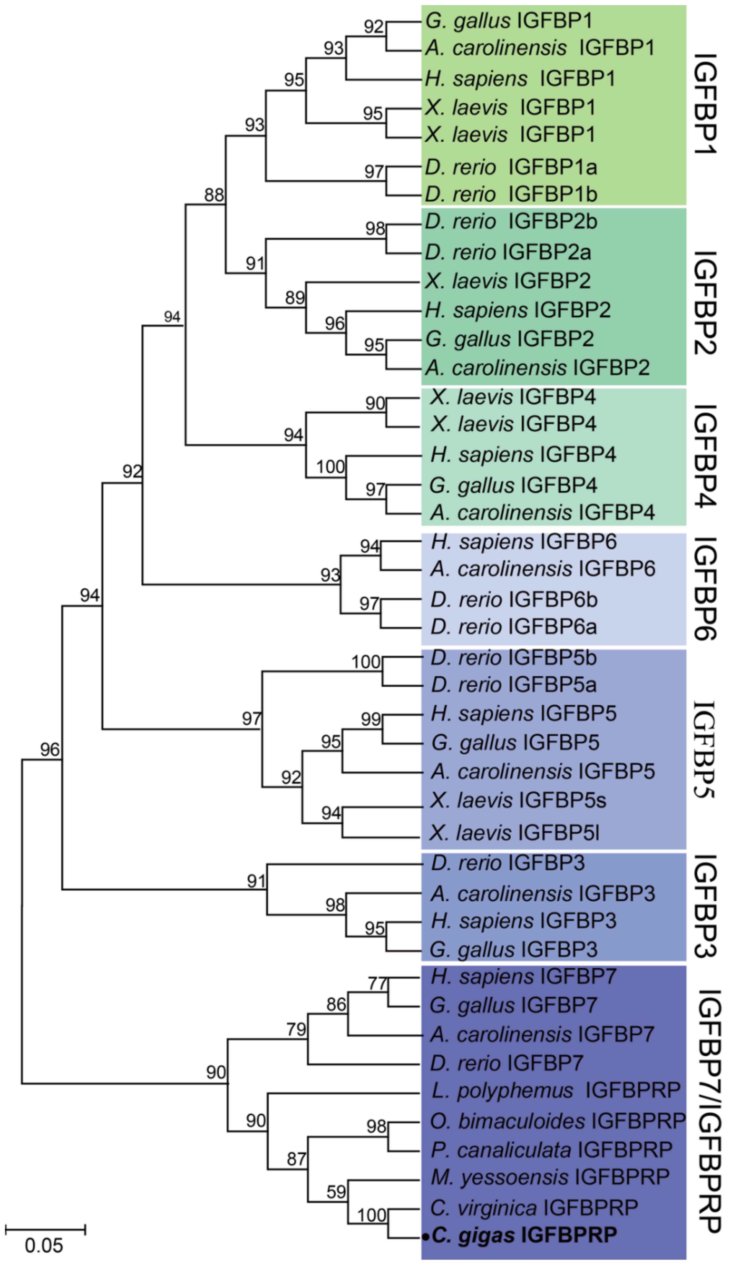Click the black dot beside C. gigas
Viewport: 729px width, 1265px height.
425,1237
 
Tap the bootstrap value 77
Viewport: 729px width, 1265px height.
377,983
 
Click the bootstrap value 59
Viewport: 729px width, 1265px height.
336,1192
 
